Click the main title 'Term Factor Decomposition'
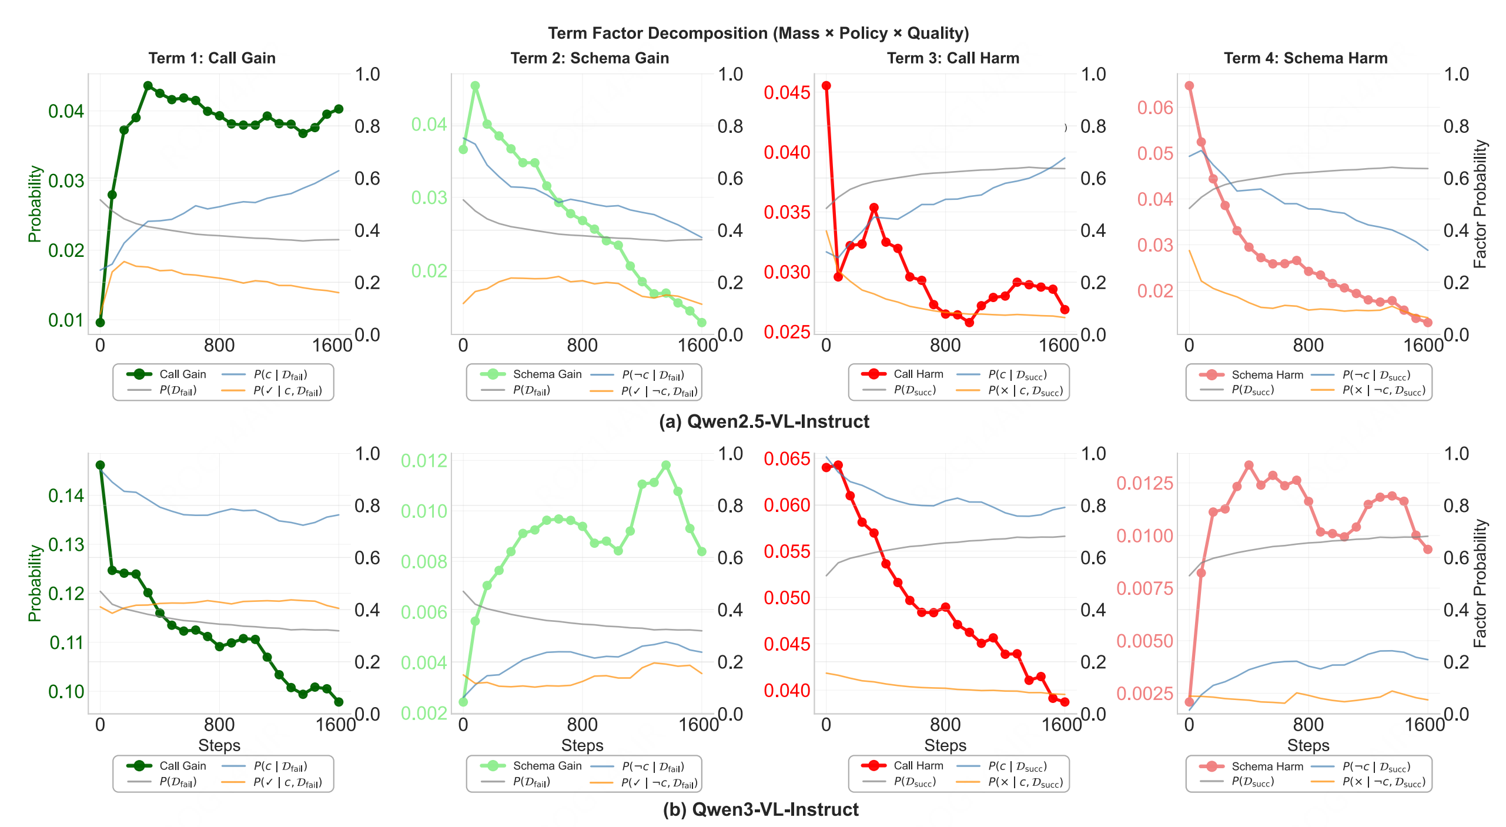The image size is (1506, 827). tap(758, 33)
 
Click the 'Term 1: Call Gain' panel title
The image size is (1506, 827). tap(212, 58)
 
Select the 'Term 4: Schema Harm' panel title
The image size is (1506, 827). tap(1306, 58)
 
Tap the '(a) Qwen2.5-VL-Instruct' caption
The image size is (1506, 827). tap(764, 421)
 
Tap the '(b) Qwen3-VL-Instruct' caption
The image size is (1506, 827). tap(761, 809)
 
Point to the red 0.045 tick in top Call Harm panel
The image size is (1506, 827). tap(787, 92)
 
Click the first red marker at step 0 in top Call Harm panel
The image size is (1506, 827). tap(826, 86)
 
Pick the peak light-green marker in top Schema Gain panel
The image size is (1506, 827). tap(475, 86)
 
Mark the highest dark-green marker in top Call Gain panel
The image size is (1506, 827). tap(148, 86)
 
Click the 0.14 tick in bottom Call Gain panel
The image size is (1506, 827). tap(66, 495)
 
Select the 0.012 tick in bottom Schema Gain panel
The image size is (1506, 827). tap(424, 460)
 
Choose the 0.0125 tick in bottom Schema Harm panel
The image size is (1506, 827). tap(1144, 483)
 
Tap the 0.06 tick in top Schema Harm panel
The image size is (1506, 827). tap(1154, 108)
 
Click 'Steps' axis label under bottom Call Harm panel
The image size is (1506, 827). tap(945, 745)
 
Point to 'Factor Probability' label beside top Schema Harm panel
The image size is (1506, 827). tap(1480, 204)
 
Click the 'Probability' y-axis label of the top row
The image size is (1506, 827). tap(35, 204)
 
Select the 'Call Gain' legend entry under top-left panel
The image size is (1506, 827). tap(182, 374)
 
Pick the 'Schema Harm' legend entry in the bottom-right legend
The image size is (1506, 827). tap(1267, 766)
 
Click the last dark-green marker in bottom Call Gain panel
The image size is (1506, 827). tap(339, 702)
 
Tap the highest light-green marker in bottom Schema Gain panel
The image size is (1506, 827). tap(666, 465)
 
